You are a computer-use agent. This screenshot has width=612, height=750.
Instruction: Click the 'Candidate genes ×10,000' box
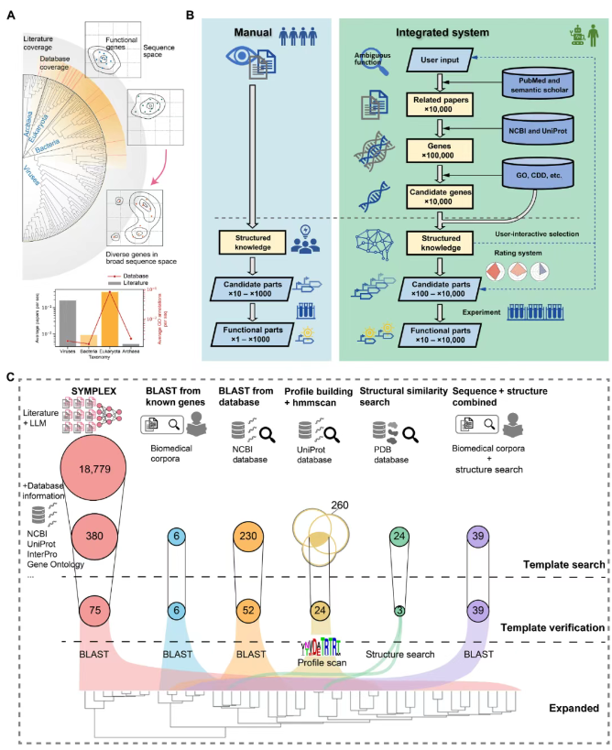439,194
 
